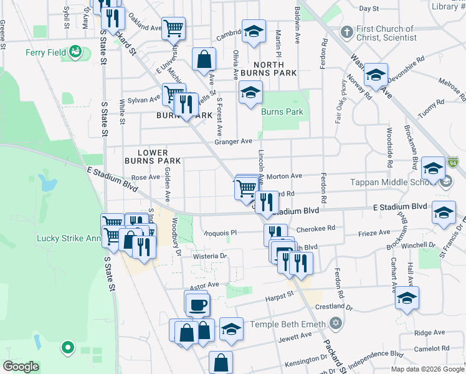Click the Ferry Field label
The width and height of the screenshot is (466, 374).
[x=45, y=52]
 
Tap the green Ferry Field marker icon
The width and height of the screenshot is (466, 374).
[x=76, y=52]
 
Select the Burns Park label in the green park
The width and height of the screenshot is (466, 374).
[x=282, y=112]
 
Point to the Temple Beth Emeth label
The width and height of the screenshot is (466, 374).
[x=288, y=324]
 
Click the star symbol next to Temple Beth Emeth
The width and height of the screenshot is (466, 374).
[x=336, y=324]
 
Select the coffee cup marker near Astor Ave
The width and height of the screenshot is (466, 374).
[x=198, y=305]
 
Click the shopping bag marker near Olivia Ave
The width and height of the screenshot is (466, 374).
[x=204, y=60]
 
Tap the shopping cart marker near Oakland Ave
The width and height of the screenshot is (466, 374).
[x=173, y=28]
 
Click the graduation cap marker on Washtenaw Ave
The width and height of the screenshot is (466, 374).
[x=376, y=75]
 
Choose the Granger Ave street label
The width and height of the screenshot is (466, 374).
[x=233, y=141]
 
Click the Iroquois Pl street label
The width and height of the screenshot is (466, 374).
[x=222, y=233]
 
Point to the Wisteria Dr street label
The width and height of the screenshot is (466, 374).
[x=211, y=256]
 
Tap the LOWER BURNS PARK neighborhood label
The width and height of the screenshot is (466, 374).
[x=153, y=156]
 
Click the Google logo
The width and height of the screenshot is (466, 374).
[x=21, y=367]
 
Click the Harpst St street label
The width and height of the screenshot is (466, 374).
[x=281, y=295]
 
